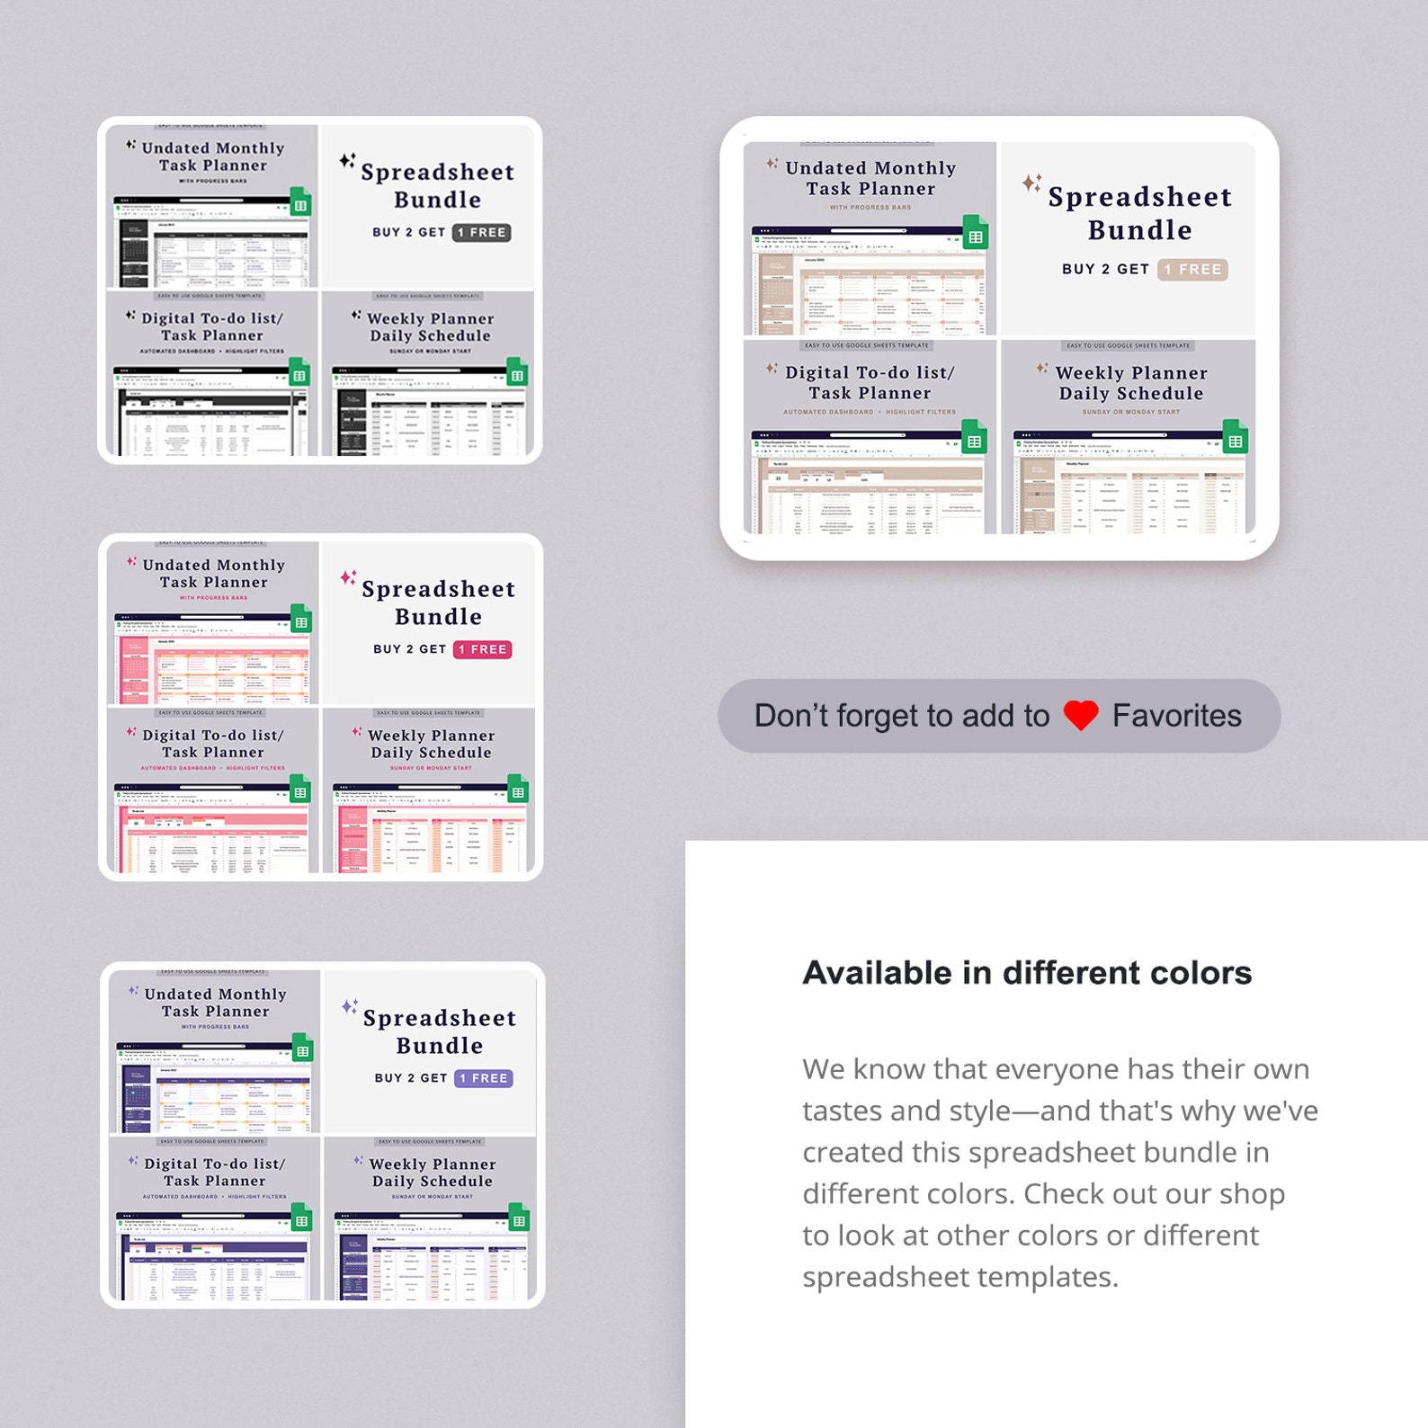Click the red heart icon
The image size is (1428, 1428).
1080,716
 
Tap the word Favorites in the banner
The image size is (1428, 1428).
1176,716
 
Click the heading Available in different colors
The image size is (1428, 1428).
1027,973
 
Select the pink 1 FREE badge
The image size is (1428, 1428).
482,649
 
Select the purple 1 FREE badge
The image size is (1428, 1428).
484,1078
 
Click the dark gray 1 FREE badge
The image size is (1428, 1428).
481,232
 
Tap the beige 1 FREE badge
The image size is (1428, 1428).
1192,269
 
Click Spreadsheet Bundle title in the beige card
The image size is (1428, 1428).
1139,213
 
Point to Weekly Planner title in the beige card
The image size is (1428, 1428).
1130,373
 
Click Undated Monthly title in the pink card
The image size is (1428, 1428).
214,566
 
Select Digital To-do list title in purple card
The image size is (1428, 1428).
214,1164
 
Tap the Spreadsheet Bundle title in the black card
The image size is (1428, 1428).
438,185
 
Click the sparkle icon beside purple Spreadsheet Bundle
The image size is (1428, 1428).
350,1006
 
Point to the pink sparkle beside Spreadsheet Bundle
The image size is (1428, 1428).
348,577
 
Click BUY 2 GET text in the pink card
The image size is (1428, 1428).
410,649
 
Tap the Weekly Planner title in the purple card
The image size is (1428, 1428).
433,1165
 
